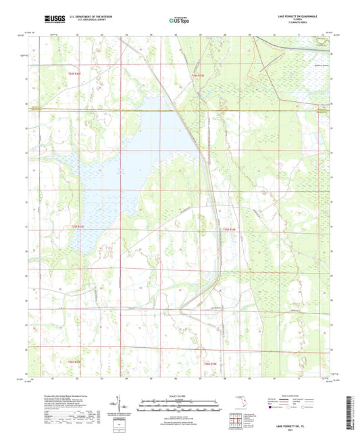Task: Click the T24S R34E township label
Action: pyautogui.click(x=197, y=75)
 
